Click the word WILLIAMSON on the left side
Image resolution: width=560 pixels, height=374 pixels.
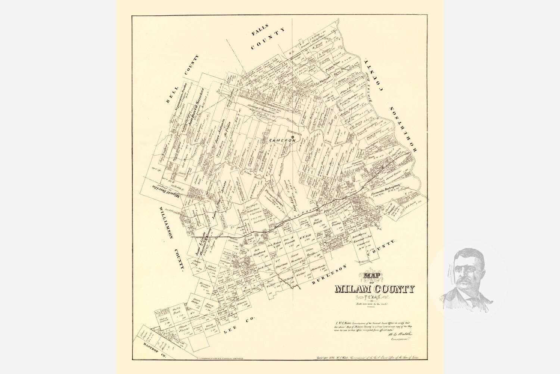coord(168,225)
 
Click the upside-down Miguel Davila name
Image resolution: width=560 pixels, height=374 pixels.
coord(167,192)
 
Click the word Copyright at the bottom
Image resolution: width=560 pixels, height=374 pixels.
coord(326,358)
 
